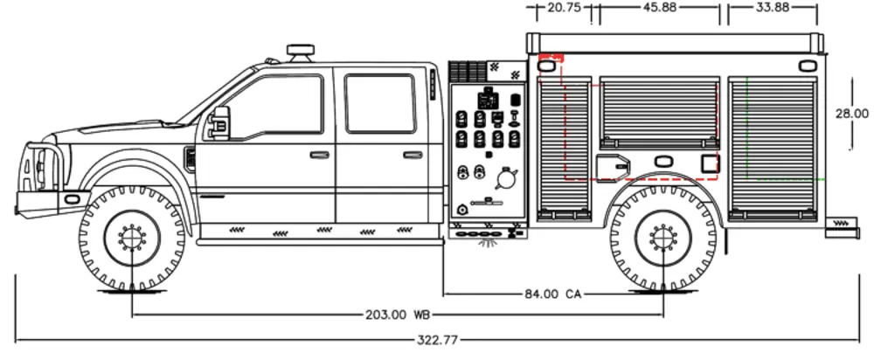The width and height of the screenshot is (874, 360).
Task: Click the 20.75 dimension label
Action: pos(564,7)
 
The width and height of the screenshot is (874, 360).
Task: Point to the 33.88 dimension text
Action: pos(772,7)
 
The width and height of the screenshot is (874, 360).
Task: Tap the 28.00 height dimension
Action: pos(851,114)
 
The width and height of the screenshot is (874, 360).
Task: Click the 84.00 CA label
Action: pos(552,294)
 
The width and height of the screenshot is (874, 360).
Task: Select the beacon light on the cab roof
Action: pos(302,52)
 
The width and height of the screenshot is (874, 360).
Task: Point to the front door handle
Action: pos(320,155)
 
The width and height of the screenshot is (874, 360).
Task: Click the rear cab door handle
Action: pos(413,155)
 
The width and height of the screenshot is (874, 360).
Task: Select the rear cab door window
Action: pos(380,103)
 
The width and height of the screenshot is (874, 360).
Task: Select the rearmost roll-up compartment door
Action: pos(773,144)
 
